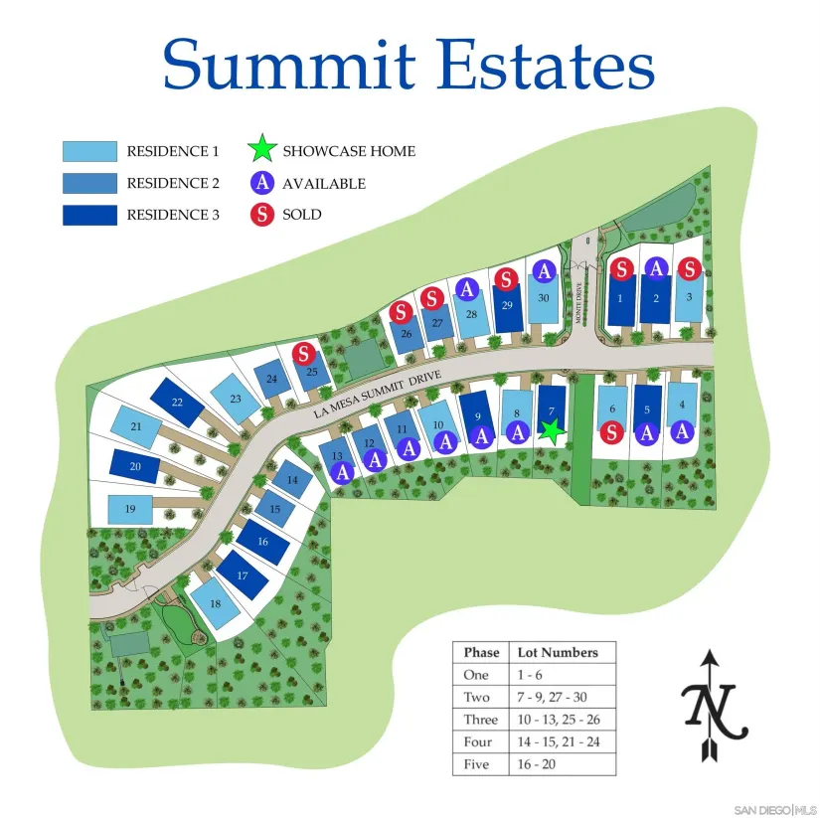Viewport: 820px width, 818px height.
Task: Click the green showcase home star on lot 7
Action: point(552,431)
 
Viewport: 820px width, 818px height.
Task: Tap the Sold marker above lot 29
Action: point(506,279)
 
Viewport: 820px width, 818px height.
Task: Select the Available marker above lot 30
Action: point(545,271)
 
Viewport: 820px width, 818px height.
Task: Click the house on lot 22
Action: point(177,403)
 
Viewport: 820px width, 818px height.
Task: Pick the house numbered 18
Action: point(216,603)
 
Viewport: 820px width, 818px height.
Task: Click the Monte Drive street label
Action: point(578,302)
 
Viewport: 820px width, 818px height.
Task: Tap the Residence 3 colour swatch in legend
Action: point(89,215)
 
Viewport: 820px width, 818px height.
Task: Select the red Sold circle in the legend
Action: point(262,215)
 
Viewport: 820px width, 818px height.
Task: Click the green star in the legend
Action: point(262,149)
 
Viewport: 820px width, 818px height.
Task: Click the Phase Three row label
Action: point(480,720)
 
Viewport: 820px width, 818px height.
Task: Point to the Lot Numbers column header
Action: point(558,652)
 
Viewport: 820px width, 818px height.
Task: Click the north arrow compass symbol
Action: point(714,705)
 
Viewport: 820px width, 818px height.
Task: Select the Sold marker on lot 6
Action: point(611,432)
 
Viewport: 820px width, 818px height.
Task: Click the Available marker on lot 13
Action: point(342,472)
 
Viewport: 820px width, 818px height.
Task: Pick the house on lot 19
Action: point(130,510)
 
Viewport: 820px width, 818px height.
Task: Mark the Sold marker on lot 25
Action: point(304,354)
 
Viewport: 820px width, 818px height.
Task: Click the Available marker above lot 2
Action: point(656,268)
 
